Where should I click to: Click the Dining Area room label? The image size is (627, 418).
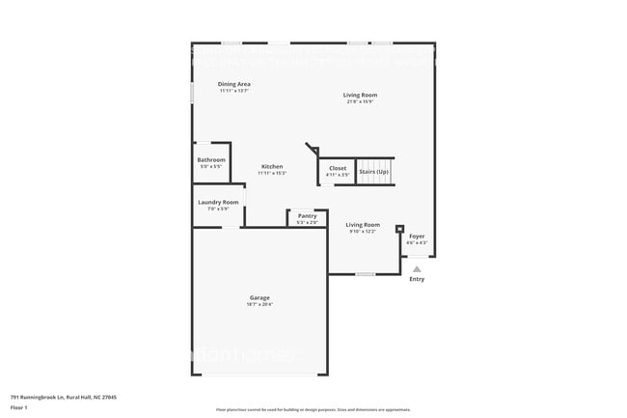(233, 84)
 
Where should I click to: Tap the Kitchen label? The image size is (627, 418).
(272, 167)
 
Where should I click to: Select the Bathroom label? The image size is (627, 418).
(211, 159)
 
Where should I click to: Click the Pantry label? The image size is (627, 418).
(307, 215)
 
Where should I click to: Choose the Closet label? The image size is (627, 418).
(338, 168)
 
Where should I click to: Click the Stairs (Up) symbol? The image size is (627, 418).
(374, 172)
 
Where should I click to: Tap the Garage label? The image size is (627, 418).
(260, 297)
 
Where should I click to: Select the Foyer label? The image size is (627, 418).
(417, 236)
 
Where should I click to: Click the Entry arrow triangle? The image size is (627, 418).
(417, 270)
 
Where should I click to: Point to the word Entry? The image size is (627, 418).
(417, 280)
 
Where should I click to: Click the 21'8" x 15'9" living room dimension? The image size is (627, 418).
(361, 101)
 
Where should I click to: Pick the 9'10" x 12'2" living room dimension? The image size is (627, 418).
(364, 231)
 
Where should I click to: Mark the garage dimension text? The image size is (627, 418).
(260, 304)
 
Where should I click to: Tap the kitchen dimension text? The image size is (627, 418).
(272, 174)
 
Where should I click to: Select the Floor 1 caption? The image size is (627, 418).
(18, 404)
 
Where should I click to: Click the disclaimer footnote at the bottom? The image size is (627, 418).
(313, 410)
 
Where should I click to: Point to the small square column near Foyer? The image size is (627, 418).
(399, 229)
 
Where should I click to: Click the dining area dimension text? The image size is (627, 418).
(233, 91)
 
